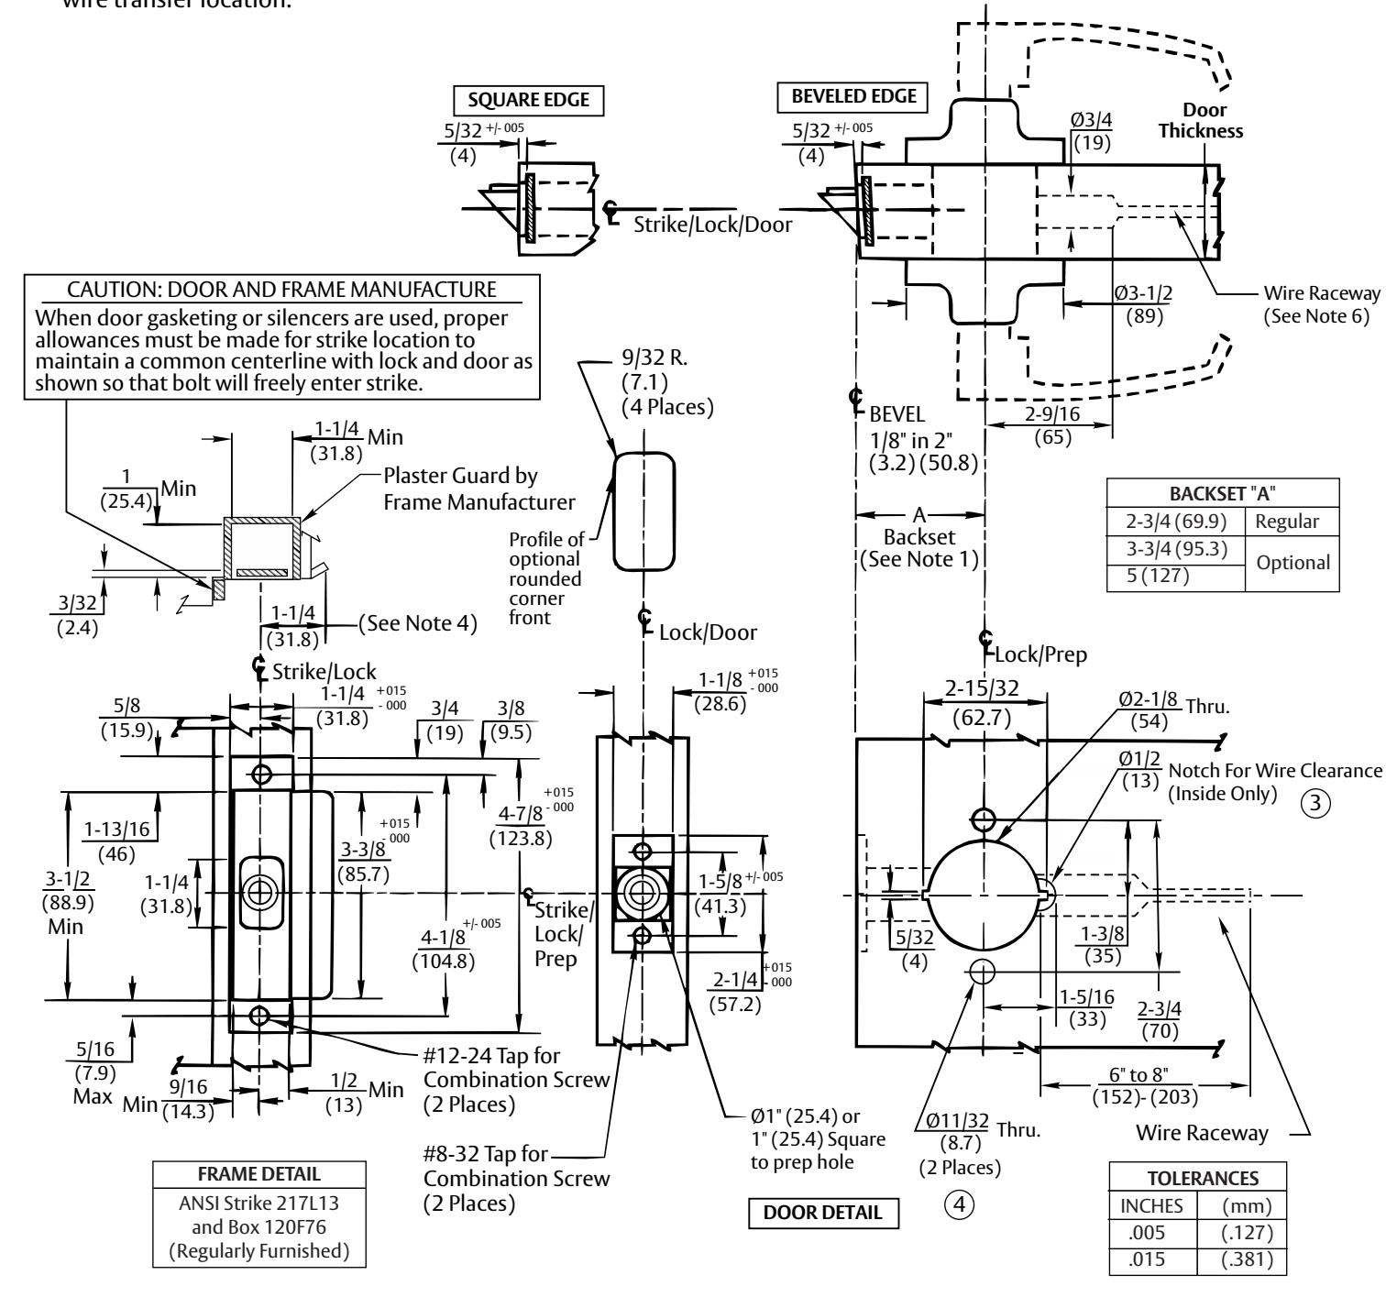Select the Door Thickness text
pos(1200,120)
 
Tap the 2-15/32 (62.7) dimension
pos(982,705)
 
